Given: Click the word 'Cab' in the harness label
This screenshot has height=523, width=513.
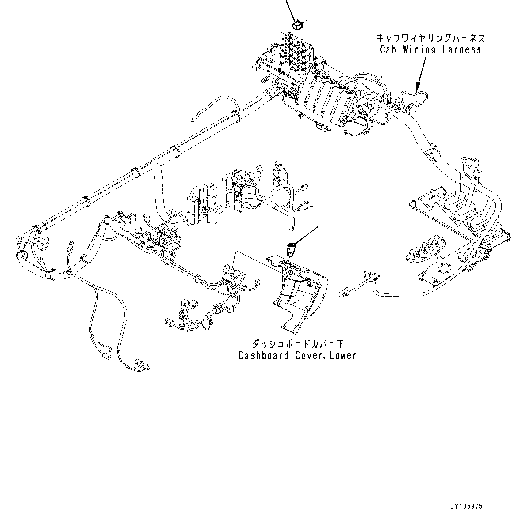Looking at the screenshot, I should [388, 49].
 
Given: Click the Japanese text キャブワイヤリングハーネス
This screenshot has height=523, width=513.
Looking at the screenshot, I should [430, 38].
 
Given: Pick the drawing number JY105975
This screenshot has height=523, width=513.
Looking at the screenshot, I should [467, 507].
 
